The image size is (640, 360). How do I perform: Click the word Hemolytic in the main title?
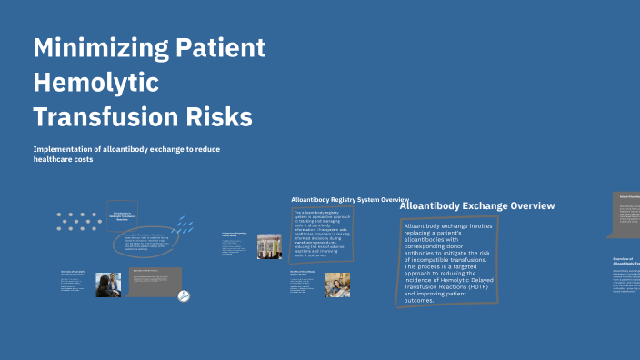pyautogui.click(x=95, y=83)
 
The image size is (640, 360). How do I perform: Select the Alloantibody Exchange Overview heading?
pyautogui.click(x=477, y=205)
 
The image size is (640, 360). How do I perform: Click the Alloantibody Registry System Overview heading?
pyautogui.click(x=350, y=198)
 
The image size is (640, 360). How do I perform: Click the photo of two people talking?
pyautogui.click(x=108, y=285)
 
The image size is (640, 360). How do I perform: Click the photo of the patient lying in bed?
pyautogui.click(x=331, y=281)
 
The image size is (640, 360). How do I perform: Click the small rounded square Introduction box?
pyautogui.click(x=121, y=215)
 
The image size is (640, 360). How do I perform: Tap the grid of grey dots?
pyautogui.click(x=79, y=223)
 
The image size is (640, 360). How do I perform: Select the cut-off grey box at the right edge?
pyautogui.click(x=626, y=215)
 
